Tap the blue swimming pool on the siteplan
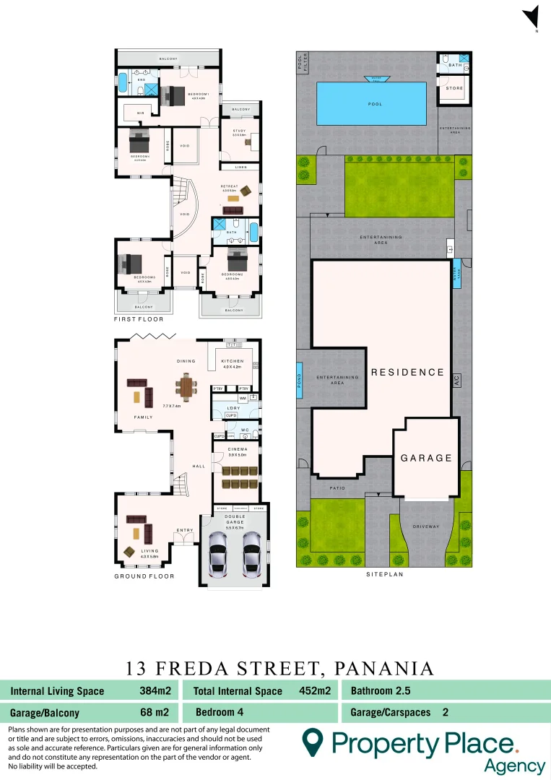376,103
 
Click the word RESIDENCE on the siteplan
407,373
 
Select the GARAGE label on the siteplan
427,458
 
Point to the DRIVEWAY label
426,526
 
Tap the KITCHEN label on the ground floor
233,361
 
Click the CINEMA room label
238,449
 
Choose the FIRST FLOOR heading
139,318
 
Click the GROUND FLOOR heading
144,576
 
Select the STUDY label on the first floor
240,130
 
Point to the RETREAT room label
230,186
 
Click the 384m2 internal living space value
155,690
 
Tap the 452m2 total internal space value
315,690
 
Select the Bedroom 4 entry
220,712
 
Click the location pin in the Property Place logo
312,742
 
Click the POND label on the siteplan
300,379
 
